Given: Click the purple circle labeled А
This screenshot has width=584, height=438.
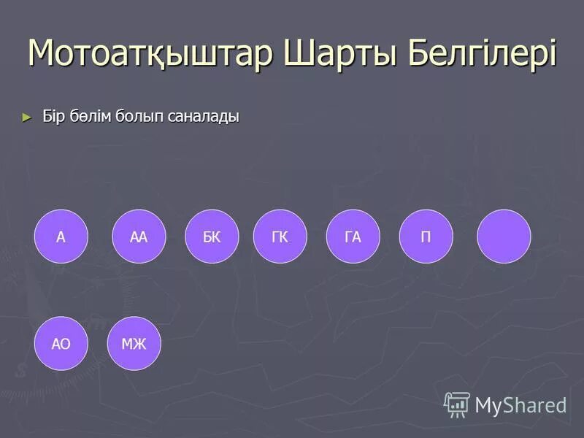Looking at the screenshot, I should coord(61,237).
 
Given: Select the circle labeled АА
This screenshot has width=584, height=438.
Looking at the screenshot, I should coord(139,237).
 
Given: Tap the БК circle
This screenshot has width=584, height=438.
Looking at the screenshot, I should coord(212,237).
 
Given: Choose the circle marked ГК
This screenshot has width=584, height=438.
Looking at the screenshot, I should coord(280,237).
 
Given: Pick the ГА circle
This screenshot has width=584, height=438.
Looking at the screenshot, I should coord(353,237).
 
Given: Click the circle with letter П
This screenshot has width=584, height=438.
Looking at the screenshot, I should coord(426,237).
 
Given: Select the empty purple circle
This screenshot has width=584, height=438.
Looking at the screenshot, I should coord(504,237).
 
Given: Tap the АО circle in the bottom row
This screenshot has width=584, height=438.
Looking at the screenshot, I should coord(61,343).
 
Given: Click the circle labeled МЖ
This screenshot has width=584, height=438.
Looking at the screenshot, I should coord(134,343).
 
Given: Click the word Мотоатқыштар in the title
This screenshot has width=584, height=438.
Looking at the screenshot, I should coord(150,53).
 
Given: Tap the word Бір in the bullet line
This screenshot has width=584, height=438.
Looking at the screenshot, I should coord(53,117).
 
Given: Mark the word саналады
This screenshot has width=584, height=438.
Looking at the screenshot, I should coord(204,117).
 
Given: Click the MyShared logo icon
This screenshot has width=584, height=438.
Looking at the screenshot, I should coord(457,404).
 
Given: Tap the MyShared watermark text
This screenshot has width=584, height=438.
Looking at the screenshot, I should coord(520,405).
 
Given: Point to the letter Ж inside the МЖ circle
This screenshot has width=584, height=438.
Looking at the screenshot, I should coord(140,343).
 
